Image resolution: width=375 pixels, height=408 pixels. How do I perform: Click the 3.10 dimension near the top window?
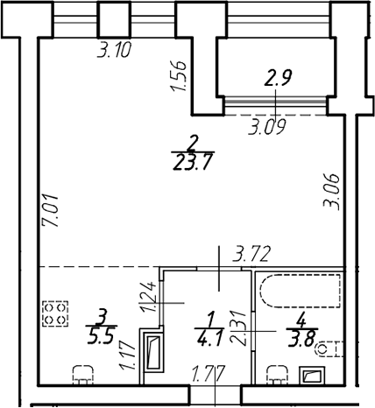pos(114,50)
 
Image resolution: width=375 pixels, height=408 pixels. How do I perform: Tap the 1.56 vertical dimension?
pos(179,76)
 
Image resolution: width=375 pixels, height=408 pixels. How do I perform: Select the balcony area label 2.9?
pos(278,78)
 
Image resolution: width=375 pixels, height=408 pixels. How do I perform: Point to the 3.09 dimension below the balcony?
pos(266,127)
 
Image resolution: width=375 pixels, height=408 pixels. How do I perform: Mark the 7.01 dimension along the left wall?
pos(50,212)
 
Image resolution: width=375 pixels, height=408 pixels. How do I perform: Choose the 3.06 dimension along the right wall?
pos(331,192)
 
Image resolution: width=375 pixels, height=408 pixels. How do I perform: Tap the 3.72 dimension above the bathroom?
pos(251,254)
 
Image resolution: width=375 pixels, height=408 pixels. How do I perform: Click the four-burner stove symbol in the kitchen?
pos(55,313)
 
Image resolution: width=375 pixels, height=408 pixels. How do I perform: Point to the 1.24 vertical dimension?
pos(148,297)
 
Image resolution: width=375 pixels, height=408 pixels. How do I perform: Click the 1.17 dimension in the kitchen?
pos(127,356)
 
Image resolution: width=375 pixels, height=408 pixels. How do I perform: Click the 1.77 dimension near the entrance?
pos(208,374)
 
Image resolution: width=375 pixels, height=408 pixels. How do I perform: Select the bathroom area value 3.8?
pos(302,341)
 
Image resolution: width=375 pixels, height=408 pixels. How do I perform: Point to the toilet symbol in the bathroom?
pos(329,349)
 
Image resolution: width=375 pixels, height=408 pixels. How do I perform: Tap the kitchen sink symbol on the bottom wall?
pos(83,376)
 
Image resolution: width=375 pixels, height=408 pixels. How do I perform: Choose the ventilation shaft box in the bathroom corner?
pos(312,376)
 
